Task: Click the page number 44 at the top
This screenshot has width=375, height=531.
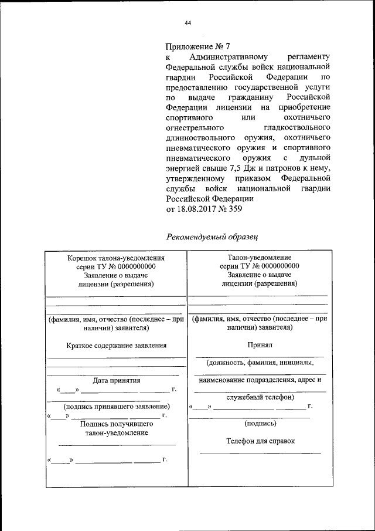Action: (x=188, y=23)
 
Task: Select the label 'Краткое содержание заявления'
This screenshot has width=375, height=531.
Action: (x=116, y=346)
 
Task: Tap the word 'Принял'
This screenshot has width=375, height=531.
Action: (x=259, y=346)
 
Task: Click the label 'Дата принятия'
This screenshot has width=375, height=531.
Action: (x=116, y=380)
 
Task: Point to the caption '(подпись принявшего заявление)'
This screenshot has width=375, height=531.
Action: (x=116, y=406)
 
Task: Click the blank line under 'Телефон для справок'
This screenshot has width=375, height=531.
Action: (x=260, y=453)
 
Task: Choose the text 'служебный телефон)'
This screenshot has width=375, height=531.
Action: (x=259, y=397)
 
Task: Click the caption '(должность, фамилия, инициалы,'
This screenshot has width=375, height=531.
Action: (x=259, y=363)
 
